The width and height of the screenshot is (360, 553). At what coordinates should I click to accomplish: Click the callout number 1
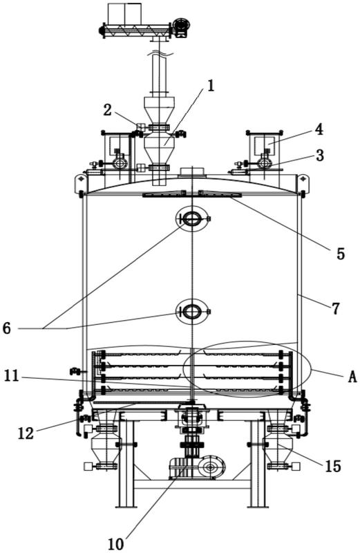(211, 86)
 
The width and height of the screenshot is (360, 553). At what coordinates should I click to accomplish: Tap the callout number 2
(107, 110)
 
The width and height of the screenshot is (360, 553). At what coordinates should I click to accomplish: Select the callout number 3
(319, 155)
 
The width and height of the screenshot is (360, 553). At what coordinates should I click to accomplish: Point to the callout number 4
(319, 130)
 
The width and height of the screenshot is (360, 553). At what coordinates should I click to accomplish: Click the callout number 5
(340, 254)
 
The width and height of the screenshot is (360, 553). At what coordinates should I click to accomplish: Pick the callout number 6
(7, 328)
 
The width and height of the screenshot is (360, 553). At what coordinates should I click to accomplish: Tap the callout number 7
(335, 308)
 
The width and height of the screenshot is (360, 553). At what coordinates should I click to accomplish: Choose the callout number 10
(115, 544)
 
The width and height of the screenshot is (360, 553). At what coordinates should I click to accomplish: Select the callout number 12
(26, 433)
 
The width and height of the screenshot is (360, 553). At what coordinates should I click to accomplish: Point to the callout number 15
(333, 466)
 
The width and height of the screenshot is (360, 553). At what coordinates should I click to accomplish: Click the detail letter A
(352, 377)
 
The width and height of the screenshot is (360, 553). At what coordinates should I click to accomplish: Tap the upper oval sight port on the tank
(192, 219)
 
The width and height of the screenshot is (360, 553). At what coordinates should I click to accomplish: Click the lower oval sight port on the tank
(192, 311)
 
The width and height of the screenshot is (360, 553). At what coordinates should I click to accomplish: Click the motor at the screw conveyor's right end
(182, 26)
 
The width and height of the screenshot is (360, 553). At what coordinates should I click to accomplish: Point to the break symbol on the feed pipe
(160, 53)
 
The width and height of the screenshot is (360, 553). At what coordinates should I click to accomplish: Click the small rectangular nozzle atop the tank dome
(192, 172)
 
